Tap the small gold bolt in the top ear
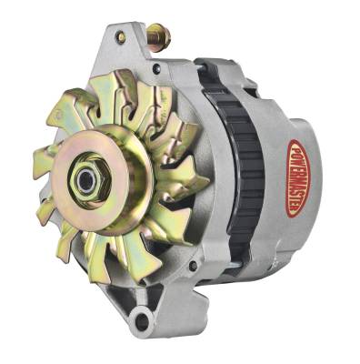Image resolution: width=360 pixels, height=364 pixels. click(x=120, y=38)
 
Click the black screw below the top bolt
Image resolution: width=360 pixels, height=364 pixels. click(x=155, y=67)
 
